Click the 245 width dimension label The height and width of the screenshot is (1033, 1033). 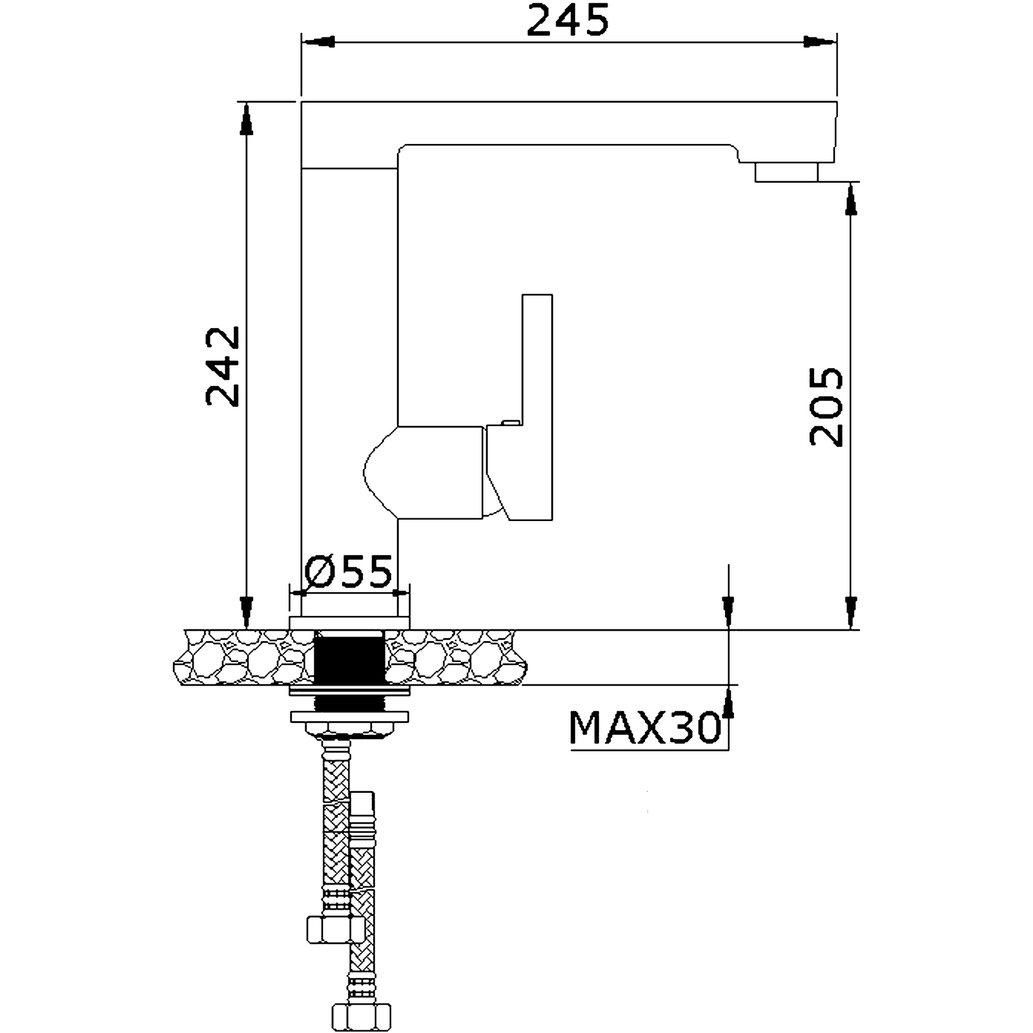pos(568,21)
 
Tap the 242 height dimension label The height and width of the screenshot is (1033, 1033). pos(223,366)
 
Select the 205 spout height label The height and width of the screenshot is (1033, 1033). pos(826,407)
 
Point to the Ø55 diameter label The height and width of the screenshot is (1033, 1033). pos(349,571)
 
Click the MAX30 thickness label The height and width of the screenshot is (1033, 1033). pos(645,728)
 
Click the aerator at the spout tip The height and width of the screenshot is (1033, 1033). pos(787,172)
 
